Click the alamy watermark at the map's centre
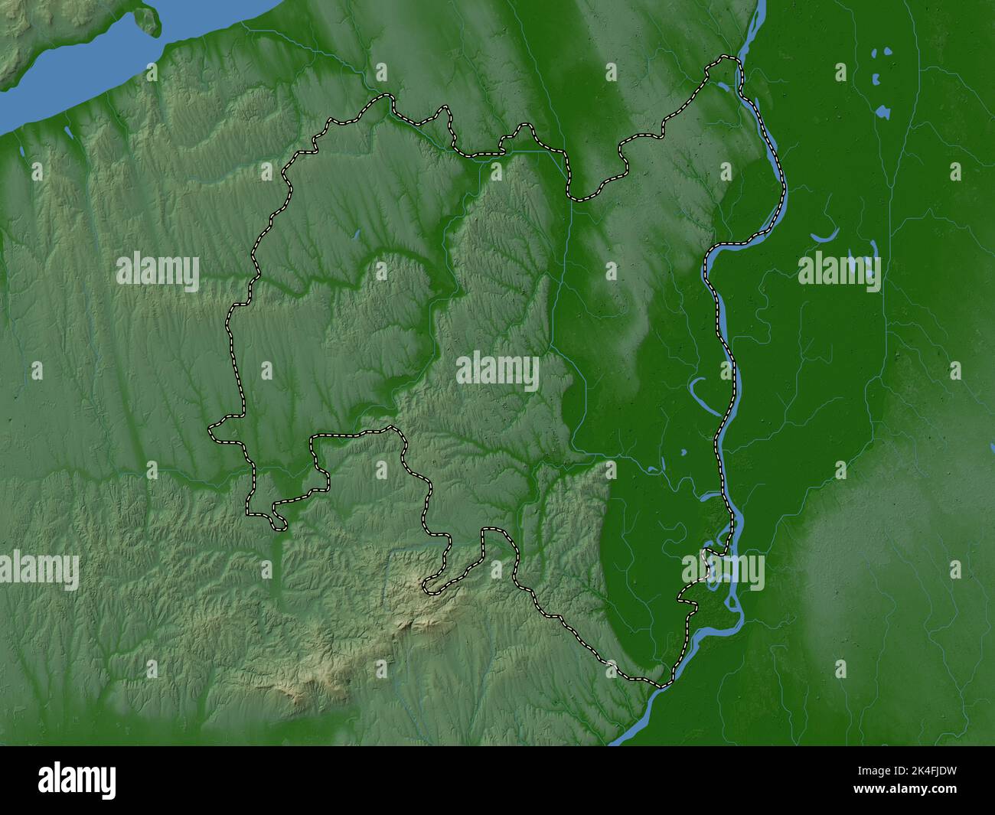click(497, 372)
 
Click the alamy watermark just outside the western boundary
click(158, 272)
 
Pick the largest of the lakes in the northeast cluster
click(882, 112)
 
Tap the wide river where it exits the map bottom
click(628, 736)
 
